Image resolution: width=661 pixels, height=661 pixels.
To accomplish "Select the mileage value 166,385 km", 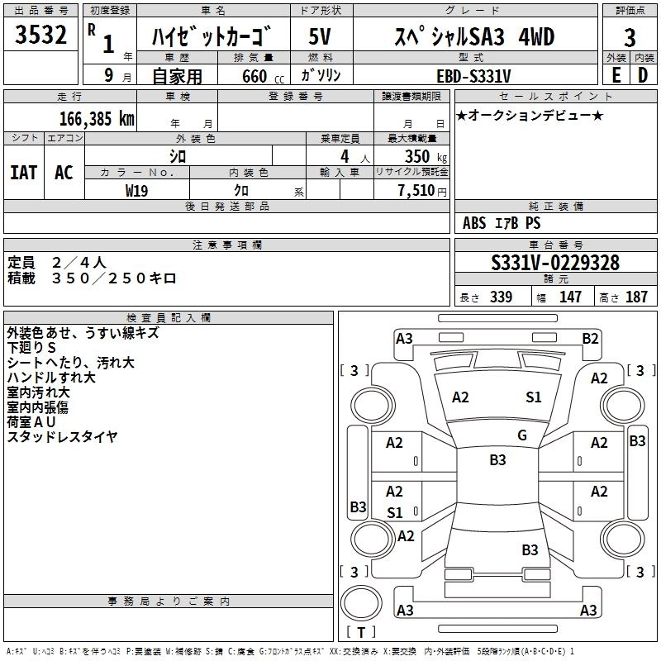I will [x=97, y=119].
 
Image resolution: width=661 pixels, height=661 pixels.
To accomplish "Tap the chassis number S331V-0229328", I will [x=554, y=264].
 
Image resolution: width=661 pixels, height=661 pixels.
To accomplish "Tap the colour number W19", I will [x=137, y=190].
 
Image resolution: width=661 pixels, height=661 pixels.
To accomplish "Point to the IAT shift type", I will [x=24, y=172].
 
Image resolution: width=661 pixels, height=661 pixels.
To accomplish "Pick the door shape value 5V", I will [x=320, y=37].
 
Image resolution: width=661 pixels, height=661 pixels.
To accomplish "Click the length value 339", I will [x=501, y=297].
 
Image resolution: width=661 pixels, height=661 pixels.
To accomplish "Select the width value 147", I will [x=570, y=297].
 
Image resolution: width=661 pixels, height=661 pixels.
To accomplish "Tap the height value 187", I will [x=636, y=297].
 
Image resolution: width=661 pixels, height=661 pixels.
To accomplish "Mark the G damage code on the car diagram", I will [x=521, y=435].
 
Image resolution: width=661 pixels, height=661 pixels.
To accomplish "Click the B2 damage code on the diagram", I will [x=590, y=338].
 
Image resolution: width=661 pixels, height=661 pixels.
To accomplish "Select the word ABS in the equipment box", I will [x=475, y=223].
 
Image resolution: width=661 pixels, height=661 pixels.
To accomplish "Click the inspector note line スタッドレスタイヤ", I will [x=63, y=436].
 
